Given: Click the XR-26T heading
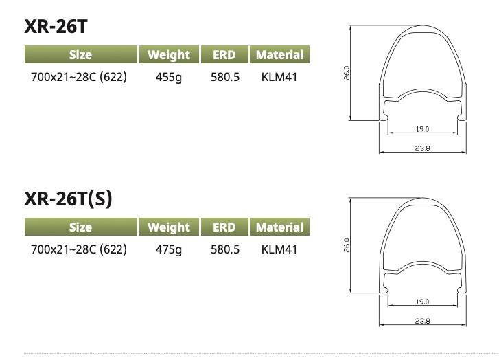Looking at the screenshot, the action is (56, 26).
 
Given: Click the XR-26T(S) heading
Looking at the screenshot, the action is (68, 199).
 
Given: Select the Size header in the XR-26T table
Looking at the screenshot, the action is (81, 54).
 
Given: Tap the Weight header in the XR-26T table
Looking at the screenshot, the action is (169, 54).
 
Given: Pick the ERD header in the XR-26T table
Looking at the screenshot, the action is (224, 54).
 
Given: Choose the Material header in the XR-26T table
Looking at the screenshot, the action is (279, 54).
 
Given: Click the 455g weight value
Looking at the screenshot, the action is (169, 78).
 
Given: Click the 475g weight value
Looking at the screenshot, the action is (169, 249).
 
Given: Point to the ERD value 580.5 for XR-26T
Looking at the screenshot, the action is (225, 77).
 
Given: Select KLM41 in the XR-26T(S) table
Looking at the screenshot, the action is (279, 249).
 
